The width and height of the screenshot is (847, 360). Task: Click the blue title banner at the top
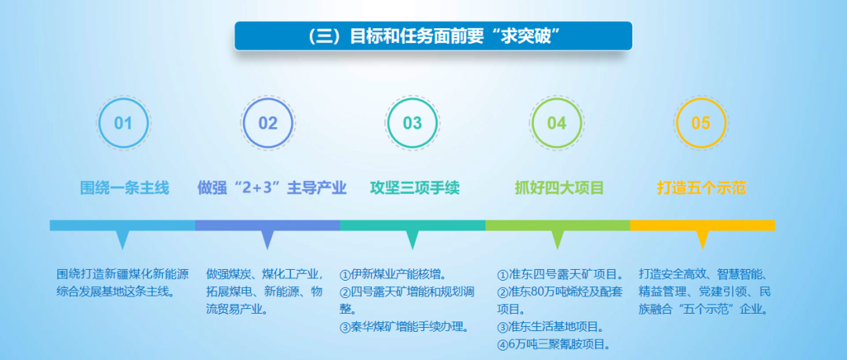(433, 36)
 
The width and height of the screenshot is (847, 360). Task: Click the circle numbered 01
(123, 123)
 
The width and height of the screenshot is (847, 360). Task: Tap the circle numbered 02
(267, 123)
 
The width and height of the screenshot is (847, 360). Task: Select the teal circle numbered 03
(412, 123)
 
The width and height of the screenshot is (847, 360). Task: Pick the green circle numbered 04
(556, 123)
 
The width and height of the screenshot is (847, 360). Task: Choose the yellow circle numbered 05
(700, 123)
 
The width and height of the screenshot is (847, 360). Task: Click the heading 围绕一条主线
(125, 188)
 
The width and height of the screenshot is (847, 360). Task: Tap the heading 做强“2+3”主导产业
(271, 188)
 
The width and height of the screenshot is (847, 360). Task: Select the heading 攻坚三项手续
(414, 188)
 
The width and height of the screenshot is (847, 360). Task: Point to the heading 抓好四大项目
(559, 188)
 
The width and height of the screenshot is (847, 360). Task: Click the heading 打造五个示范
(701, 188)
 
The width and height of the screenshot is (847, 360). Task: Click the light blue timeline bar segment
(122, 225)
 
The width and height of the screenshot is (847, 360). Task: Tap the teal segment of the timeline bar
(413, 225)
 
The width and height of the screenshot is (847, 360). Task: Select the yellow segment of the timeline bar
(702, 225)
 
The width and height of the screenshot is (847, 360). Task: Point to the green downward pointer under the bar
(558, 239)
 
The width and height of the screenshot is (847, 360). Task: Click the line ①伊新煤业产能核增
(393, 275)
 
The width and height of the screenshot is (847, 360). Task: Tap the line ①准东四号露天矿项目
(561, 275)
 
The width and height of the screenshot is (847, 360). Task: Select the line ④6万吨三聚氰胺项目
(554, 344)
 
